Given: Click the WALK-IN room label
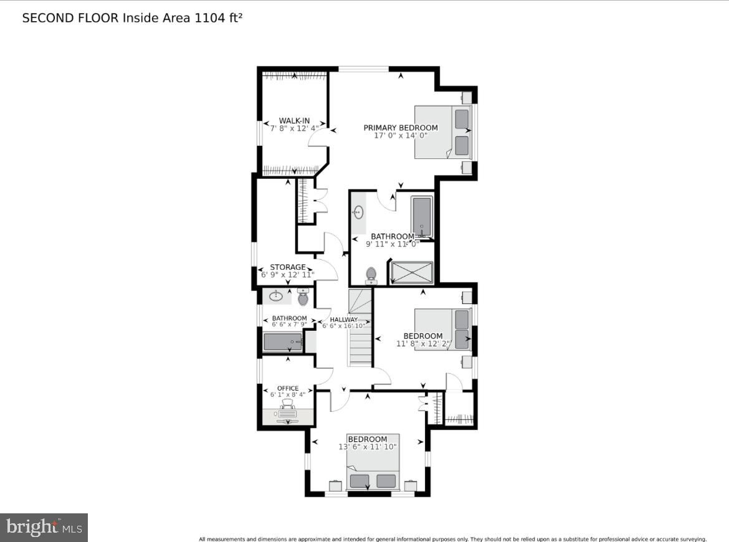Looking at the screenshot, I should [294, 121].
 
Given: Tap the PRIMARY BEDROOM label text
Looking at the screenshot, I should [401, 128].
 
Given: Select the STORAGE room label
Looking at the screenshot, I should [287, 267].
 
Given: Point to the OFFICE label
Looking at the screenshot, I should [288, 388].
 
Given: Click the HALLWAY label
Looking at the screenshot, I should [344, 320].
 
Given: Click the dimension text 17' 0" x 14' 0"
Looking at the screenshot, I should [401, 135].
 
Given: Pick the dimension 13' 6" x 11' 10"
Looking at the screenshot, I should [368, 447].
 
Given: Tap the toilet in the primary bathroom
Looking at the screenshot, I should [371, 275].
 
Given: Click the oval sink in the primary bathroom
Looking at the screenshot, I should [358, 212].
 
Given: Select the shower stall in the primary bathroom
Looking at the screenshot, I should [411, 272].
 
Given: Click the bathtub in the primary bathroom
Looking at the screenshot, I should [422, 216].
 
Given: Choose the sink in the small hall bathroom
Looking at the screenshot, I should [276, 297].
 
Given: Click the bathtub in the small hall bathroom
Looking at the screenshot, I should [283, 342].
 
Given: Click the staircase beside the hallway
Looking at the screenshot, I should [360, 328].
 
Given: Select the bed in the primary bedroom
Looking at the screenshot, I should [442, 131].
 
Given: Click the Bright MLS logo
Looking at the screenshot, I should [44, 528].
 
